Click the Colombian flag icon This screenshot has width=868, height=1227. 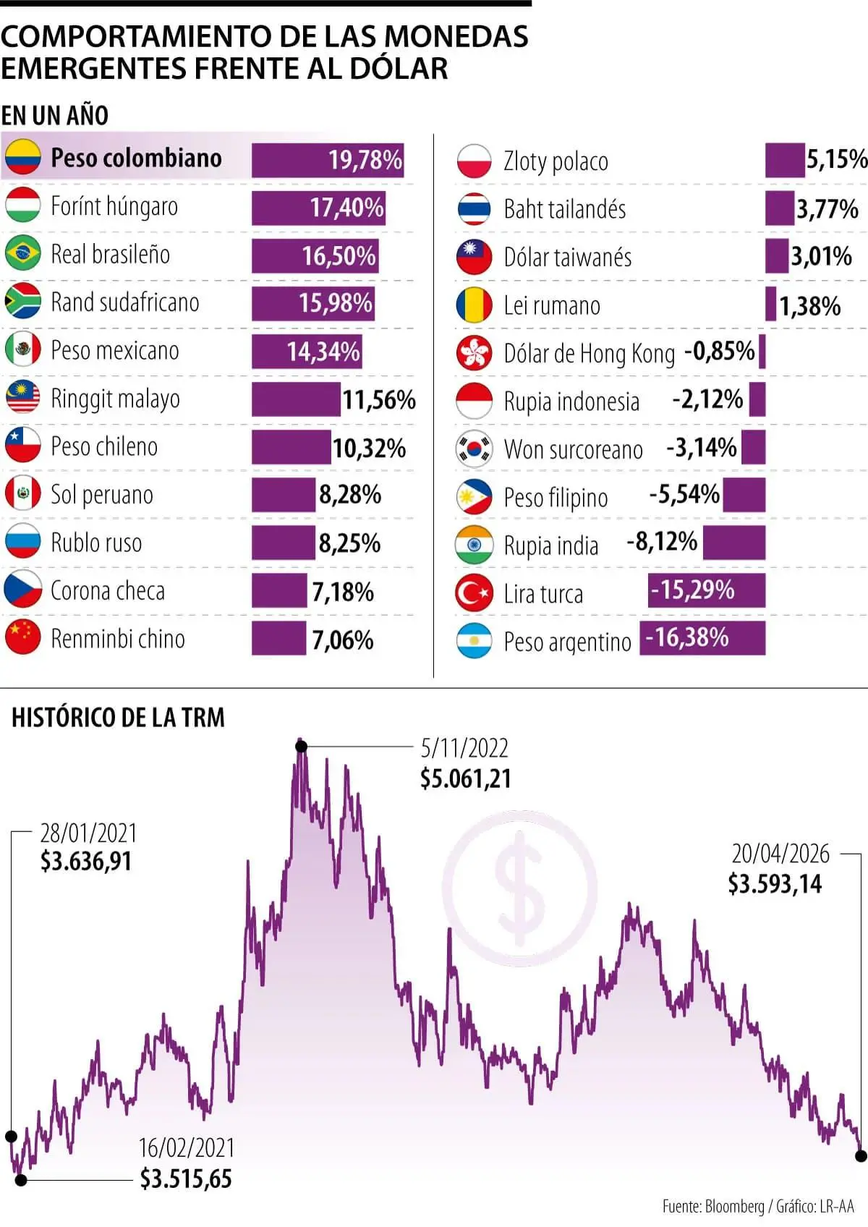click(22, 158)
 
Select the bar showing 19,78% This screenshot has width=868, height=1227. click(327, 160)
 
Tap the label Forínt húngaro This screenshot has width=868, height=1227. click(114, 206)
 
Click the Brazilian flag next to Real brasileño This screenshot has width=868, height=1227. click(22, 254)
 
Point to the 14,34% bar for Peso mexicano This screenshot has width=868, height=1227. click(307, 352)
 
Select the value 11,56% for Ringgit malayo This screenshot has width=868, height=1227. click(378, 399)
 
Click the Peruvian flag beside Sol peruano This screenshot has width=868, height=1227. click(22, 494)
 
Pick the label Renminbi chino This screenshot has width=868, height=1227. click(117, 639)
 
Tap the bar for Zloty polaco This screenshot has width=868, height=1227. click(784, 160)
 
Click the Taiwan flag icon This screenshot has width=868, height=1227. click(475, 257)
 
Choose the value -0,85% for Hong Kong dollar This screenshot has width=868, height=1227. click(719, 352)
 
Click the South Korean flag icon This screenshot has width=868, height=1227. click(475, 449)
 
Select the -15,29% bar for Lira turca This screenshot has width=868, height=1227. click(706, 591)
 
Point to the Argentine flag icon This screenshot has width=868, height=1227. click(475, 641)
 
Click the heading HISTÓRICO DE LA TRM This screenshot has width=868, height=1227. click(118, 717)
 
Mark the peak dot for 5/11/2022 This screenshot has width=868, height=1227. click(302, 746)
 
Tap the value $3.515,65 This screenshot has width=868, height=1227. click(186, 1179)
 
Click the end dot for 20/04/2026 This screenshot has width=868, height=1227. click(861, 1156)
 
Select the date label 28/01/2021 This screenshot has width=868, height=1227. click(88, 833)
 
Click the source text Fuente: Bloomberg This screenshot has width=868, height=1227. click(712, 1206)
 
